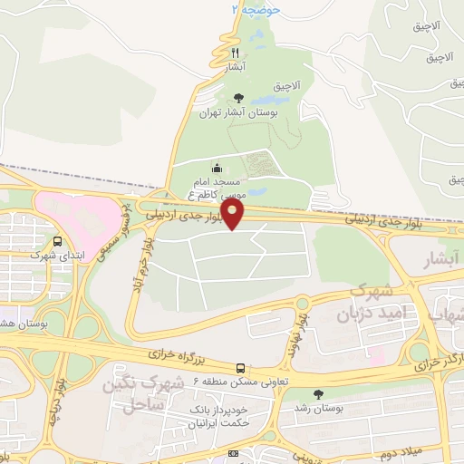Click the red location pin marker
234,214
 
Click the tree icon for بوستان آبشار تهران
238,99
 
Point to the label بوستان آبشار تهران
237,115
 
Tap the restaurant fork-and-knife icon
236,53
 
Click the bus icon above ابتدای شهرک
58,242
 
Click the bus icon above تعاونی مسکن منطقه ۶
241,368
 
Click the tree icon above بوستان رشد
317,394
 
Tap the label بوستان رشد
317,410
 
